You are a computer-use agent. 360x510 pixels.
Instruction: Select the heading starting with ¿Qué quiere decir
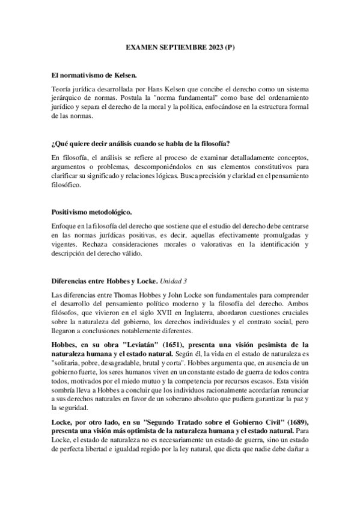coord(141,144)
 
